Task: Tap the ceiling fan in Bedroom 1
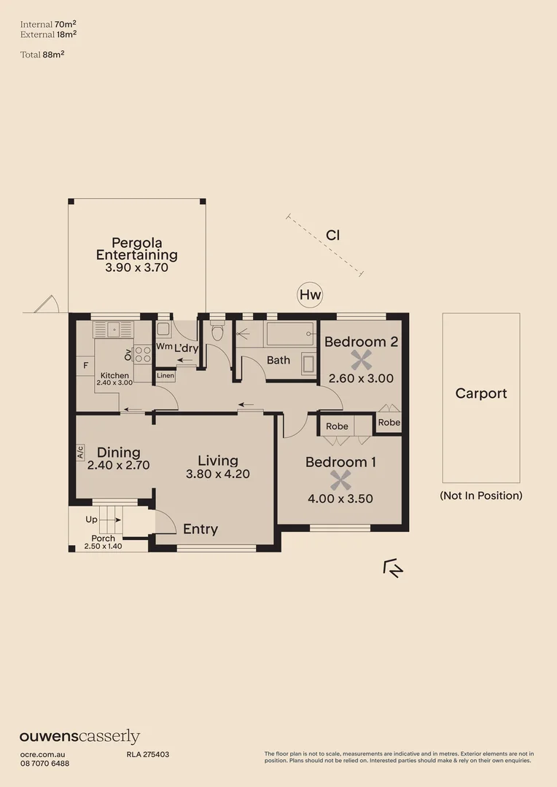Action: (339, 480)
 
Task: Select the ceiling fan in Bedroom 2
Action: (361, 359)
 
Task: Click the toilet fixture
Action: (217, 333)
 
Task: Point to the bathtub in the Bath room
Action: (289, 334)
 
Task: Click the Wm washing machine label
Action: (163, 347)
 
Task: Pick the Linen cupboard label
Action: (165, 377)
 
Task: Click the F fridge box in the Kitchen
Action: (85, 365)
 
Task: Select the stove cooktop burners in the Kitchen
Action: (143, 354)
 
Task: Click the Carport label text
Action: (480, 393)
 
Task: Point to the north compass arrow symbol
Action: (393, 568)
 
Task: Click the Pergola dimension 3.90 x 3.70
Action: (136, 268)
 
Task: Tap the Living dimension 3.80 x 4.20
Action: (217, 474)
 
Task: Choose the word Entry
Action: (200, 529)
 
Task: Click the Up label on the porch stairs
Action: (91, 520)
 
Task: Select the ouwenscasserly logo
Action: (79, 737)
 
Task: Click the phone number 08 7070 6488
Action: (44, 763)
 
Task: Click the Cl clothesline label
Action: (332, 235)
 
